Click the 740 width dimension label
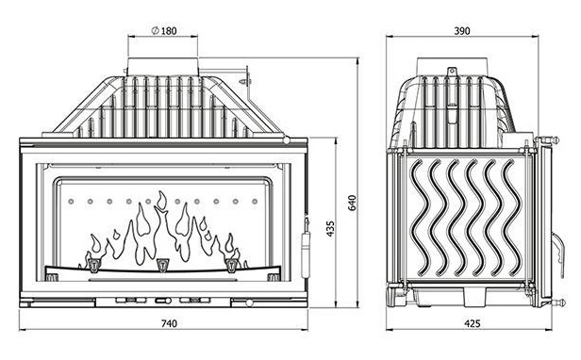169,323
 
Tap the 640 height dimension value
352,203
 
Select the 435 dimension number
330,228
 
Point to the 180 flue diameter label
169,31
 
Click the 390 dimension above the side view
462,31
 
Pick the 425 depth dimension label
473,323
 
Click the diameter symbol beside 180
156,30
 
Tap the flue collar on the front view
163,67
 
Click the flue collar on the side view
452,67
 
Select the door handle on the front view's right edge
306,246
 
